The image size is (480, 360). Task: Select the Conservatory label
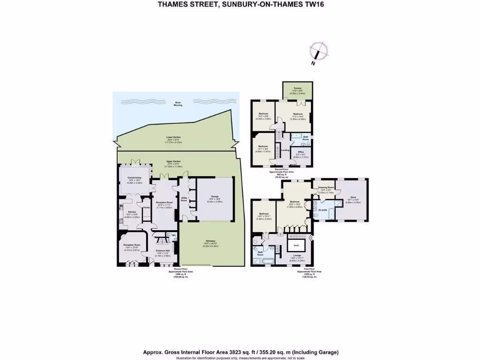pos(135,178)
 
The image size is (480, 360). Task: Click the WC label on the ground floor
pos(174,235)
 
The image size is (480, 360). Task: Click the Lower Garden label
pos(173,137)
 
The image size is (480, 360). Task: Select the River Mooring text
pos(178,104)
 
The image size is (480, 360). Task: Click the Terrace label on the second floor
pos(298,88)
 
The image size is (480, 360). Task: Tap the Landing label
pos(285,150)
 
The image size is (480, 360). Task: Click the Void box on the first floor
pos(296,245)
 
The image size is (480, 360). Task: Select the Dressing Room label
pos(325,187)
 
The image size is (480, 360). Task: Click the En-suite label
pos(322,210)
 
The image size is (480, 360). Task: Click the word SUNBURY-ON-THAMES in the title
pos(262,5)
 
